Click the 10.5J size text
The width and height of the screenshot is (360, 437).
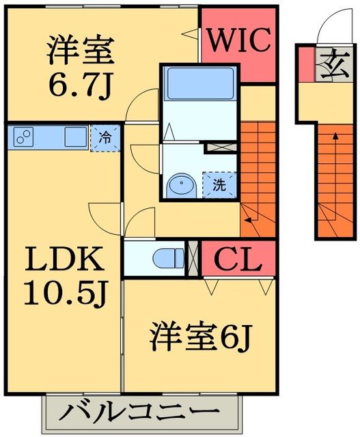tap(64, 292)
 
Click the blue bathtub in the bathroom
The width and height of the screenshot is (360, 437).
tap(200, 84)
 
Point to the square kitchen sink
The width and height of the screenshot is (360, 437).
tap(75, 136)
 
